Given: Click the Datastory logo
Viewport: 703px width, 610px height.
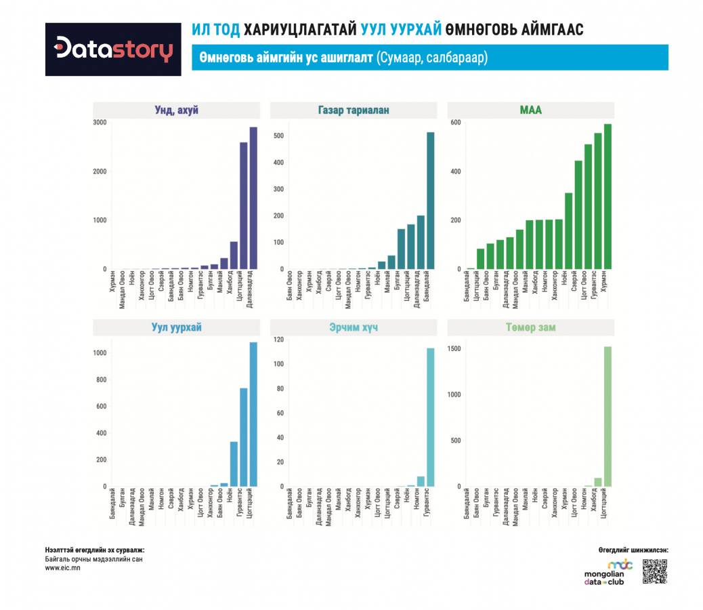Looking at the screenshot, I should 113,49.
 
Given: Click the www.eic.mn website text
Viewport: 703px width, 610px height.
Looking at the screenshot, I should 62,568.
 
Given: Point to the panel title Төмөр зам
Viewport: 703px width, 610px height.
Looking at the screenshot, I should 530,327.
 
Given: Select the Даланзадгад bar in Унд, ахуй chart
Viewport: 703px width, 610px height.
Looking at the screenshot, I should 253,198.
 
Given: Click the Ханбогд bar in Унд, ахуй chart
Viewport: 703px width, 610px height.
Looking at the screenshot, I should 234,255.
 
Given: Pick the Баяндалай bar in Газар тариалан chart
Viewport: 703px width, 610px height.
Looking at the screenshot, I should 430,201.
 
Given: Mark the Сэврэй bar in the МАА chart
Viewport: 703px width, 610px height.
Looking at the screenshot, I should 569,231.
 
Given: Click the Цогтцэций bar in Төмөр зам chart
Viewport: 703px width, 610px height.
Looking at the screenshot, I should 608,416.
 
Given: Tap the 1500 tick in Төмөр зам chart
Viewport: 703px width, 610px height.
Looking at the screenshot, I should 454,349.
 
